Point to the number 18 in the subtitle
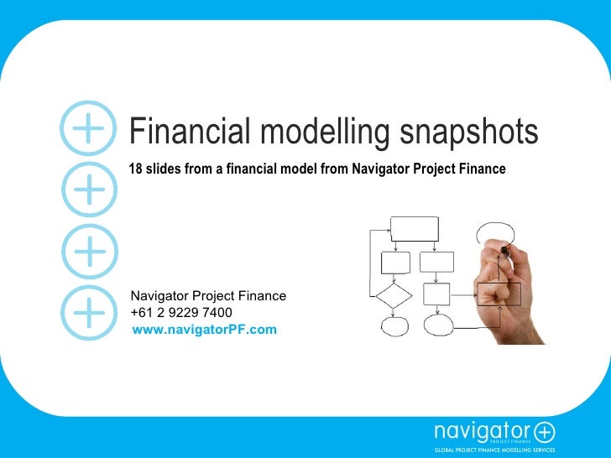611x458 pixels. [134, 169]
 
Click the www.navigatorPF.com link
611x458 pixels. [204, 330]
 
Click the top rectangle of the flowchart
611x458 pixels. [415, 228]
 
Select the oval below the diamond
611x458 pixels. [393, 325]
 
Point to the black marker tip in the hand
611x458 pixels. [504, 250]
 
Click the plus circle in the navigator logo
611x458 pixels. [545, 432]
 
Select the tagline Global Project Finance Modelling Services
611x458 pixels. [493, 450]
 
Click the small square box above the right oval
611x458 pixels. [437, 294]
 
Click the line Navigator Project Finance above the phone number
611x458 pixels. [208, 296]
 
